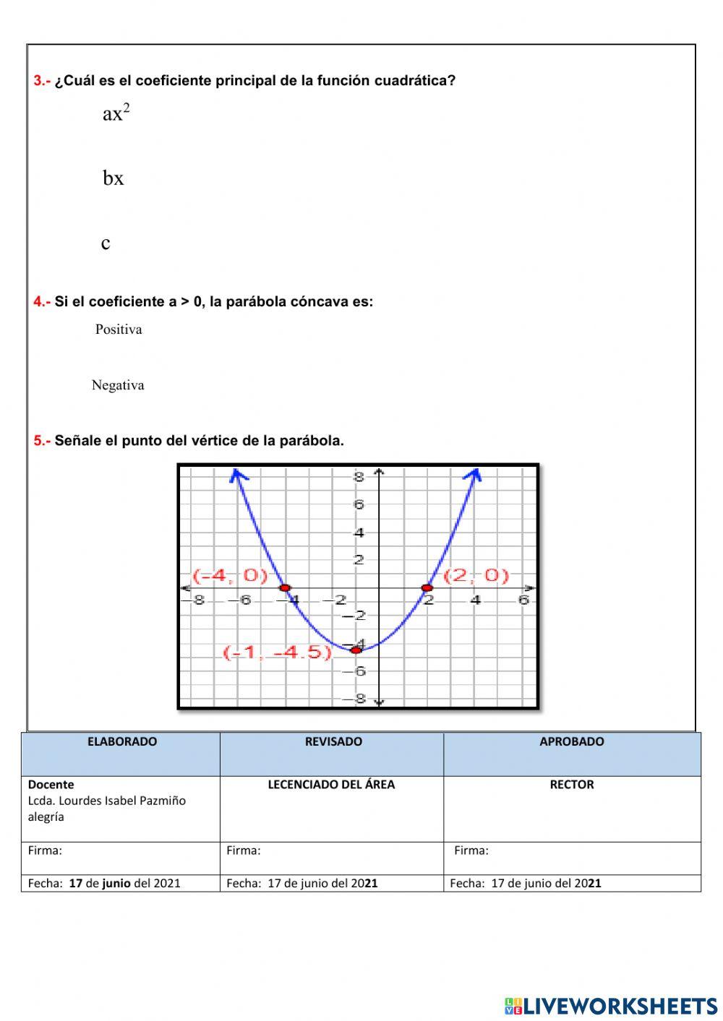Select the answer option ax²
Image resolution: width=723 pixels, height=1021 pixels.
116,113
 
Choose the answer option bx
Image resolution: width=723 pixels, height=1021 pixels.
114,178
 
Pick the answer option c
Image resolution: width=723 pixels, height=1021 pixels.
106,244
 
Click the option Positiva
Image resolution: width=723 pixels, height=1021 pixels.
119,329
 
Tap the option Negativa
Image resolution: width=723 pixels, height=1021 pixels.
118,385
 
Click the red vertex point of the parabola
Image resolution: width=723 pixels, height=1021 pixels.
356,650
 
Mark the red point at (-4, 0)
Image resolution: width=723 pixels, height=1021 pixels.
285,587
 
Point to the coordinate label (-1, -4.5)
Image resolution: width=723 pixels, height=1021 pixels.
278,652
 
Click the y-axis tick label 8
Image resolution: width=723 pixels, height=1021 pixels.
359,477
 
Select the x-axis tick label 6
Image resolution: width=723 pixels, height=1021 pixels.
523,600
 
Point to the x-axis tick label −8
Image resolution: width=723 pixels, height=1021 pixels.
196,600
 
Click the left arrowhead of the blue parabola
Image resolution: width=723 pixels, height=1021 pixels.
236,474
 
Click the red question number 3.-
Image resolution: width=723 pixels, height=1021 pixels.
42,81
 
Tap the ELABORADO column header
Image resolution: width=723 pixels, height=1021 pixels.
121,741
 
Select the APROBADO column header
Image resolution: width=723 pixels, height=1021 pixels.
571,741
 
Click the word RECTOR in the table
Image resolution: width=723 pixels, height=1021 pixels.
571,785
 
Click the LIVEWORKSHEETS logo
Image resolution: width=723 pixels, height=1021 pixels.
611,1005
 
